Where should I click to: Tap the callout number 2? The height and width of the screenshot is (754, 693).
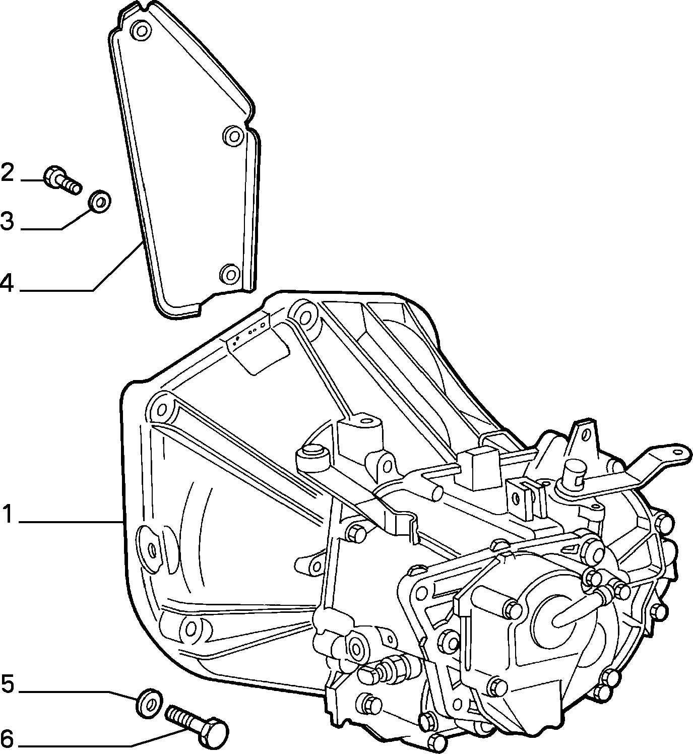click(x=8, y=172)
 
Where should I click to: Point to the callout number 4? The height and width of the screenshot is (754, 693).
click(x=7, y=283)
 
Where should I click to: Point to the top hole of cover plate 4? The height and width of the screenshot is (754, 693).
click(x=142, y=31)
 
